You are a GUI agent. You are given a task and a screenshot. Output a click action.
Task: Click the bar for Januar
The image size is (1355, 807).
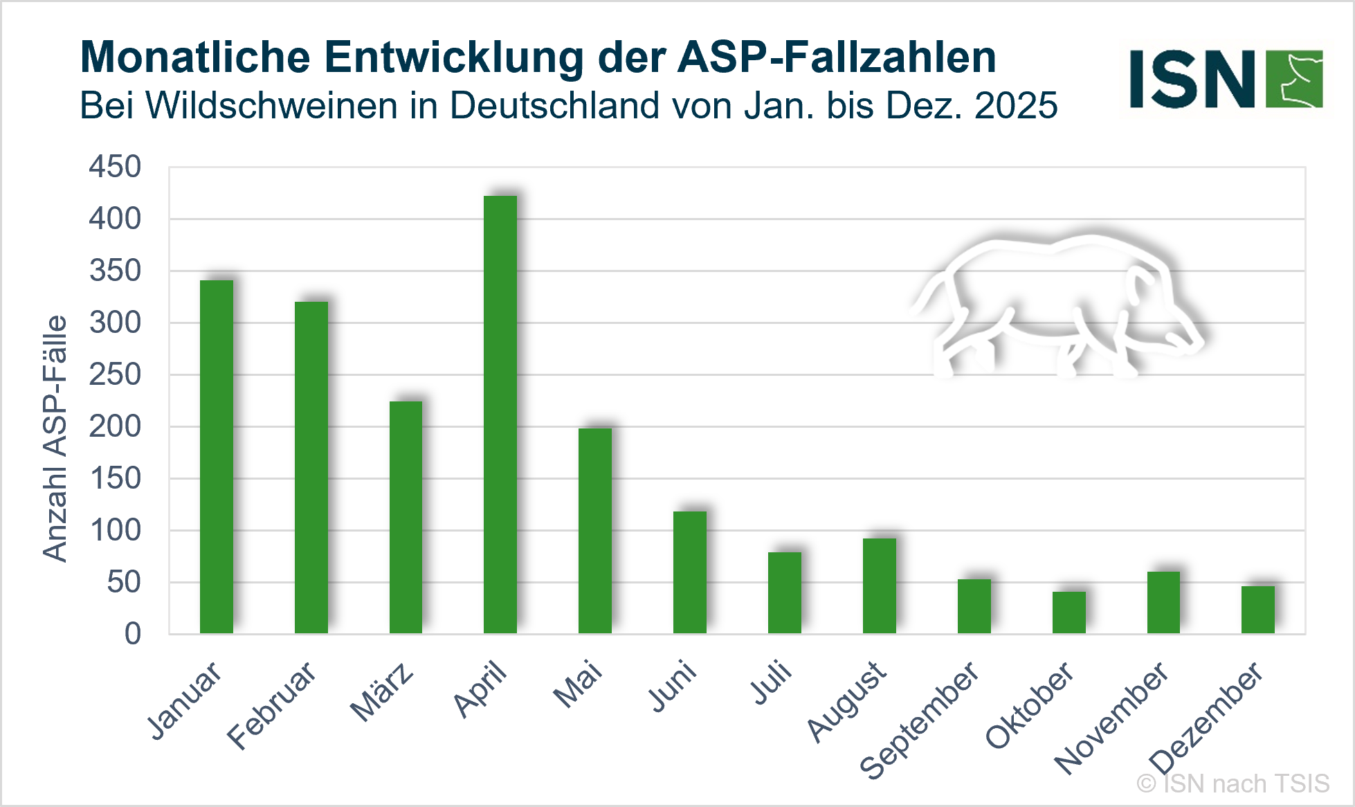(217, 457)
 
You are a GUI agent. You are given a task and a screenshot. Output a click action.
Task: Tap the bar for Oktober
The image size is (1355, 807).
(1068, 613)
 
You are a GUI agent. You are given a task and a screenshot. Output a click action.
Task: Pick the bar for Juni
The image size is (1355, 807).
(689, 572)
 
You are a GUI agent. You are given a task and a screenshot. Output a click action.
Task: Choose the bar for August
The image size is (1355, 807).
(879, 586)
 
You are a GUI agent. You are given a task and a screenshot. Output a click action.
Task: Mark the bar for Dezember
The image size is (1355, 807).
(1257, 610)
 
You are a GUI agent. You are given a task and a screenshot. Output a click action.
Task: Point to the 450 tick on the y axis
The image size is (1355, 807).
(115, 167)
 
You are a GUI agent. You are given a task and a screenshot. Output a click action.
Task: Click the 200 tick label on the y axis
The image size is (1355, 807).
(115, 426)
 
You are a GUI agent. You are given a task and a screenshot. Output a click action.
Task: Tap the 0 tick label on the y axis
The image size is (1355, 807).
(133, 634)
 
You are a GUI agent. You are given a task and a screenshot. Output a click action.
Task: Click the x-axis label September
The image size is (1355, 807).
(920, 720)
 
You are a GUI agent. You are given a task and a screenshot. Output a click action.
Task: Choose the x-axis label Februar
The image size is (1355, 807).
(272, 705)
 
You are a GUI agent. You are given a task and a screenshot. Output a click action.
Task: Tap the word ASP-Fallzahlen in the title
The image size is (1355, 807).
(837, 57)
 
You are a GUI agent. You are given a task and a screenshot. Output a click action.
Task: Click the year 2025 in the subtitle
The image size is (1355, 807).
(1016, 106)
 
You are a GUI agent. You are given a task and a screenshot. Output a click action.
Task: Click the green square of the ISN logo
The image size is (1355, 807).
(1293, 79)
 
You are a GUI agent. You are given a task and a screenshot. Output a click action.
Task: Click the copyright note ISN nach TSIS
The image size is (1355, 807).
(1233, 783)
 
